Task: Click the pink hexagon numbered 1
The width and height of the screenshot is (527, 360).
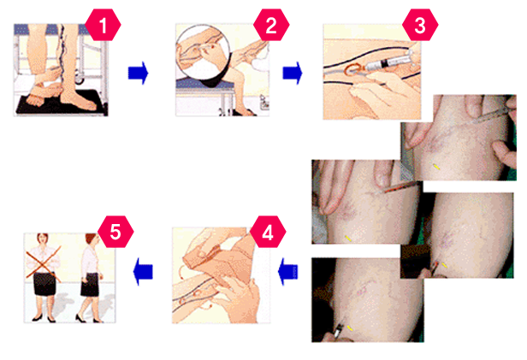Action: (103, 25)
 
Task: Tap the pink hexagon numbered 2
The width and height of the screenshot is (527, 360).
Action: (271, 25)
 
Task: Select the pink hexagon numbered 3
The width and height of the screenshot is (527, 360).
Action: (420, 25)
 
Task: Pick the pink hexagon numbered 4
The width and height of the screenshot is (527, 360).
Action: (268, 232)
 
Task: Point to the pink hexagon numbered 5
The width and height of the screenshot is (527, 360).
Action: (115, 232)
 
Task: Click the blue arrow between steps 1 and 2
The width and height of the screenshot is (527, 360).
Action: (138, 73)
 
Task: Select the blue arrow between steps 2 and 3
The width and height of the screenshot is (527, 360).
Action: (293, 73)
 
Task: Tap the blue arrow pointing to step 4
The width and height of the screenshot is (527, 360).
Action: (288, 271)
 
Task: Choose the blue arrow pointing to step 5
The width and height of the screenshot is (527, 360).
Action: (143, 271)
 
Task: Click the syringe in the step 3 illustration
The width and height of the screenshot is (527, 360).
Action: (390, 62)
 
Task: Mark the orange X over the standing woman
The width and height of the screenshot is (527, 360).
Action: (44, 263)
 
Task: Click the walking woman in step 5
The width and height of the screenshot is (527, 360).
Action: (90, 278)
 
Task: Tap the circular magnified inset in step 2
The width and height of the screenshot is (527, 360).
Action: (203, 56)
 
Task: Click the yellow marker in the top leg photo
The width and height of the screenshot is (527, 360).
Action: (436, 166)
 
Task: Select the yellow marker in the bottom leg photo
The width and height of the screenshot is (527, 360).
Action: (350, 328)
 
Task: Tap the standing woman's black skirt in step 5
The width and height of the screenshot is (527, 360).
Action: (44, 284)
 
